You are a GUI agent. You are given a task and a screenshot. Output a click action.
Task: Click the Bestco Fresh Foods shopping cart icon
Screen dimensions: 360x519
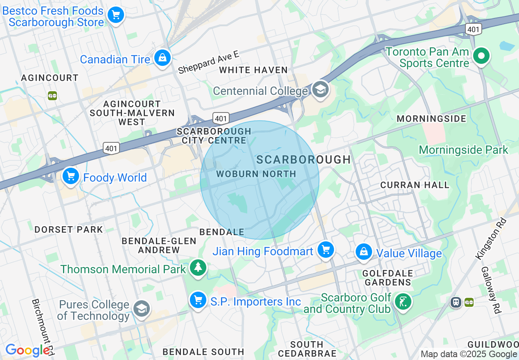click(116, 16)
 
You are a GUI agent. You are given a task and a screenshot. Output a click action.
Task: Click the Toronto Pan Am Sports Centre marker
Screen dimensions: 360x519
click(481, 56)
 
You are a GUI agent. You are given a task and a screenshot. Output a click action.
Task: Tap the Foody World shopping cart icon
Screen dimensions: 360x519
click(71, 176)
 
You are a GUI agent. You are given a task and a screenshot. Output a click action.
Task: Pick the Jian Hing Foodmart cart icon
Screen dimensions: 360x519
click(326, 249)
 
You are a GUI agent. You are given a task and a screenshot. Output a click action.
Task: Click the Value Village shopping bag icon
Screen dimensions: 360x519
click(363, 252)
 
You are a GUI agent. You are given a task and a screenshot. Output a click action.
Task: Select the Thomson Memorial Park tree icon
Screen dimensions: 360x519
click(198, 268)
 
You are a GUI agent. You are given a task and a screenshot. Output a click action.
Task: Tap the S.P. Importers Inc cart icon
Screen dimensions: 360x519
click(198, 300)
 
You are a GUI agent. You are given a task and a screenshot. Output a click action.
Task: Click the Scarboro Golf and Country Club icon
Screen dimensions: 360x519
click(403, 302)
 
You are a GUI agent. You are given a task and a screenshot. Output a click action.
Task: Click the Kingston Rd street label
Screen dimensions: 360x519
click(491, 239)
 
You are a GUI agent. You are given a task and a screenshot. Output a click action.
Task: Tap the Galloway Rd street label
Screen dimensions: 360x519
click(491, 290)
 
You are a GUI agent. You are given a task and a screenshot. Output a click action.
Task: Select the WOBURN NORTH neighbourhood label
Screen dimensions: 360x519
click(256, 174)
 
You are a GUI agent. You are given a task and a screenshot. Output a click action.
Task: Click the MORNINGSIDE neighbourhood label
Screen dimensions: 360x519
click(431, 119)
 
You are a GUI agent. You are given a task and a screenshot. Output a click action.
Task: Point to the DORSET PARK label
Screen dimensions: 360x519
click(68, 229)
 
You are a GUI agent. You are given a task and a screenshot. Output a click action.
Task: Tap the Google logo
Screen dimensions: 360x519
click(28, 350)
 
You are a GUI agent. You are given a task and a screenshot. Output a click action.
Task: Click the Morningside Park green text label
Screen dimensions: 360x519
click(463, 150)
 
